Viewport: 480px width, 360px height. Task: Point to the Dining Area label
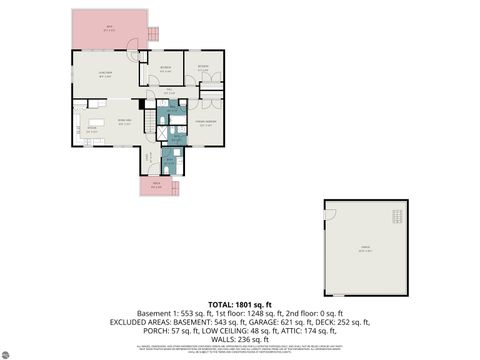point(127,122)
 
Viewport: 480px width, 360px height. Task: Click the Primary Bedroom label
point(208,125)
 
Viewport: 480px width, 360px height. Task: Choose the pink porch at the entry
point(156,187)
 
